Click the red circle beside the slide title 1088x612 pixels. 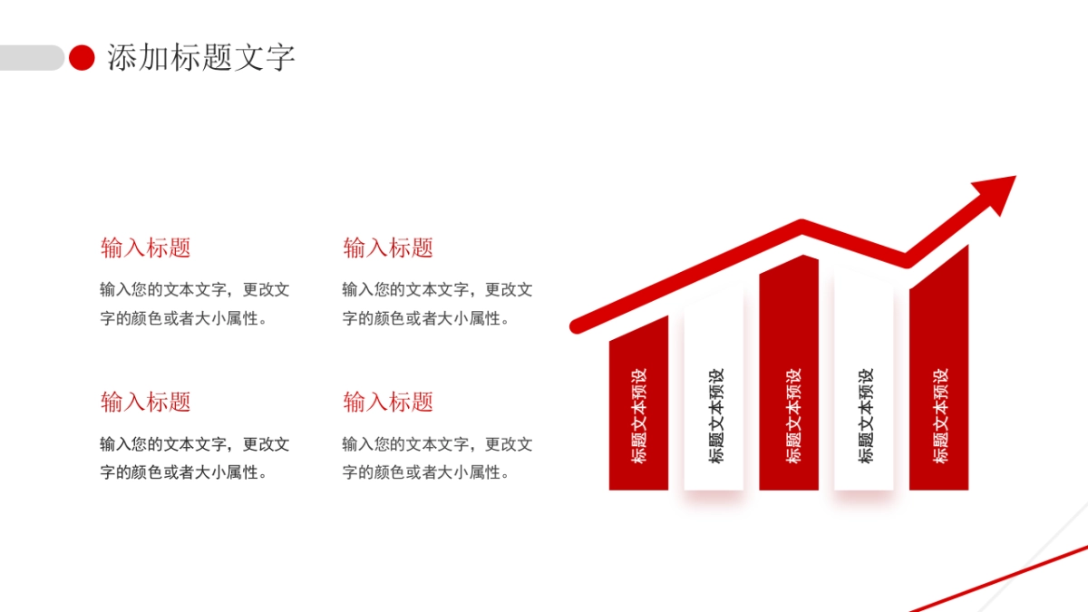point(83,58)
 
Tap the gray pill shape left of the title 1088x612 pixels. point(32,58)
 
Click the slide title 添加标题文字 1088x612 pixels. point(201,58)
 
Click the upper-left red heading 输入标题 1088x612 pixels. point(146,248)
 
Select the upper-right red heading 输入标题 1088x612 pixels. point(388,248)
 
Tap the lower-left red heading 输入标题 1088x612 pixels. point(146,402)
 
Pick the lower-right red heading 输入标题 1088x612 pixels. point(388,402)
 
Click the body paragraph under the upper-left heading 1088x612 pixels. point(194,304)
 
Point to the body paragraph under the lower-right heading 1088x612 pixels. point(436,458)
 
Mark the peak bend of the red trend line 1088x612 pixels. point(801,223)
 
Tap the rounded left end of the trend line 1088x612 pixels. point(576,325)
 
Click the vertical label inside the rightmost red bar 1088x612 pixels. point(939,415)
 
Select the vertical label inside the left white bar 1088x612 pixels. point(715,415)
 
